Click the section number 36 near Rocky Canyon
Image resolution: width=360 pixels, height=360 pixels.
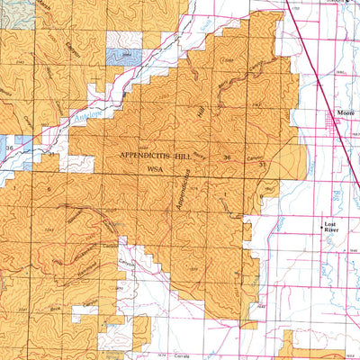227,158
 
